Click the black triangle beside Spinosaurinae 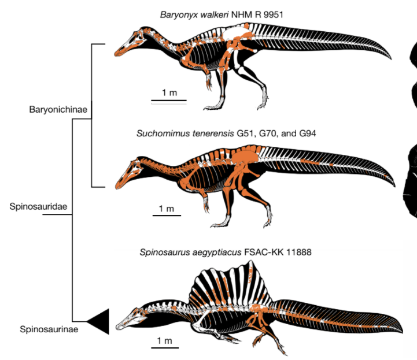coord(99,321)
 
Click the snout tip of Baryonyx coord(117,53)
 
